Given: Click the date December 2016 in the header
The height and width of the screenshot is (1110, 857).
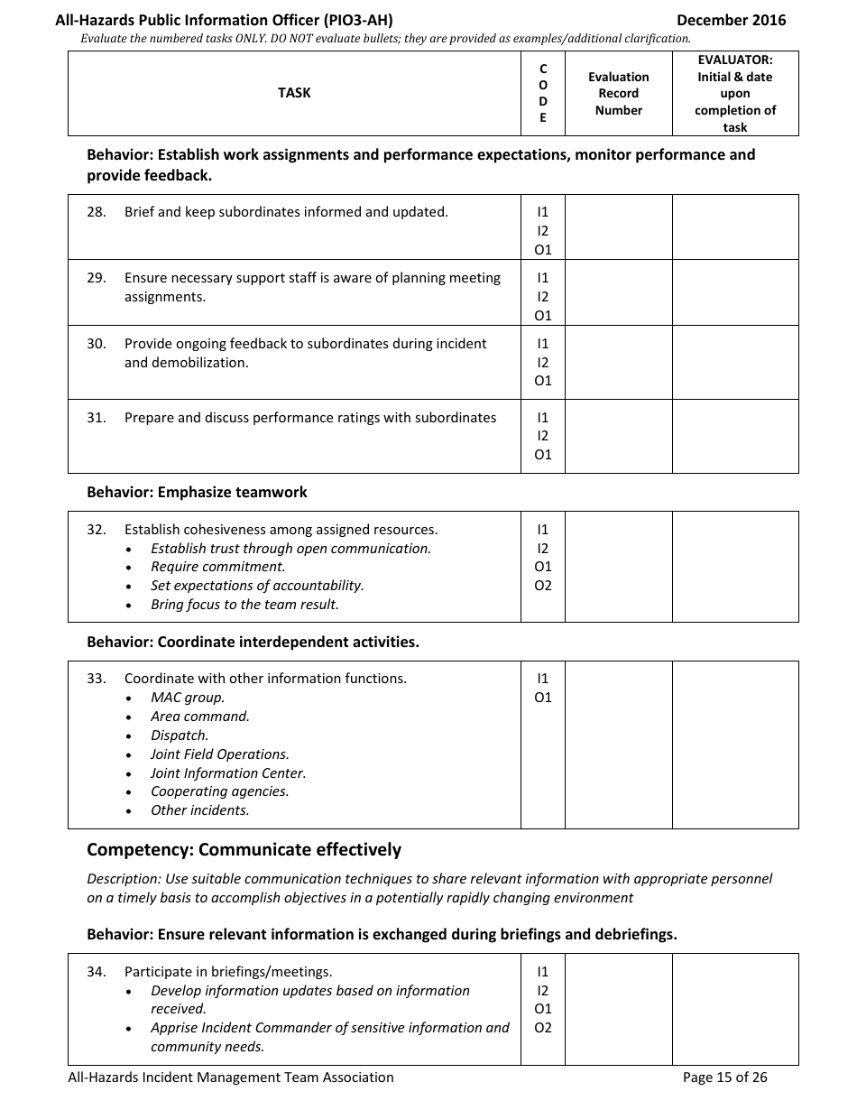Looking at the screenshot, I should (x=731, y=20).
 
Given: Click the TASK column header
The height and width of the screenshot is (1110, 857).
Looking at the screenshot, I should (x=294, y=93).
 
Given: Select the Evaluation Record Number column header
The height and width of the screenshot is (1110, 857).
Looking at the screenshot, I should (x=618, y=94).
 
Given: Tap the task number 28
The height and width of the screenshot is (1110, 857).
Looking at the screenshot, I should (x=97, y=212).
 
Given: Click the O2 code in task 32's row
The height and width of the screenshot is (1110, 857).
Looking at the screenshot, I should (x=543, y=586).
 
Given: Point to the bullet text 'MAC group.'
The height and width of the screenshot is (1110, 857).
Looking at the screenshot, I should (x=188, y=698).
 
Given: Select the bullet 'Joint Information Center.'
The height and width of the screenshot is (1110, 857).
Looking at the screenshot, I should (x=228, y=773).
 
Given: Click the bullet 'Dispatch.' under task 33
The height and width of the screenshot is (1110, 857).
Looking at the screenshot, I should (x=180, y=735).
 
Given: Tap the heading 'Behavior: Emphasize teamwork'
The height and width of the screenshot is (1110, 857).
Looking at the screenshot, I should (x=197, y=493).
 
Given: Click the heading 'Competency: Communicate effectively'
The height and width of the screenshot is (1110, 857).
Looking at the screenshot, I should (x=244, y=850).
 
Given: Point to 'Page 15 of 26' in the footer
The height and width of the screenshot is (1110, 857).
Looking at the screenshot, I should (x=725, y=1078).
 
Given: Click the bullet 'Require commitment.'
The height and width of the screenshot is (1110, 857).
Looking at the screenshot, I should (x=217, y=567).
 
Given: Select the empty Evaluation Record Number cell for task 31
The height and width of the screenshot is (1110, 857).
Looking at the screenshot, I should (x=618, y=436).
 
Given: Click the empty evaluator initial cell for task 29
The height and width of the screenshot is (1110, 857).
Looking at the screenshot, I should (x=735, y=292).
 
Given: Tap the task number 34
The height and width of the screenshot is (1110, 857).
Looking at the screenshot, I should (x=97, y=972).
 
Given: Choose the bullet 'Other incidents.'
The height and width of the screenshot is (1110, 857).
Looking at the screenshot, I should (x=199, y=810).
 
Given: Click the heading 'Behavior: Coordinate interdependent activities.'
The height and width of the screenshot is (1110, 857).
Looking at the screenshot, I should (x=253, y=643).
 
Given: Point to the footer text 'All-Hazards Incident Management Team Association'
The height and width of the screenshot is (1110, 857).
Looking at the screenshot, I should (x=231, y=1078).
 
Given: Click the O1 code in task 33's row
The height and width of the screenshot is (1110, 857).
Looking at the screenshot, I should (x=543, y=698).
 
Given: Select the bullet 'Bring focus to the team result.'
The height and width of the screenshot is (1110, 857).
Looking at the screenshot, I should (x=244, y=605).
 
